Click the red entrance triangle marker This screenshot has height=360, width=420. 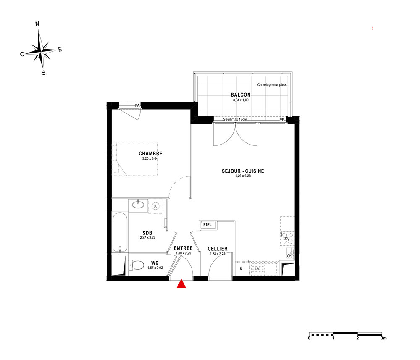click(181, 284)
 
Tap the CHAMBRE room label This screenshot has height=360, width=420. click(150, 153)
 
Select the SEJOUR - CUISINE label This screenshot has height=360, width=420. click(243, 171)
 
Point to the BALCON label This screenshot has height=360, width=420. click(241, 95)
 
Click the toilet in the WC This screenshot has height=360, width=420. click(136, 265)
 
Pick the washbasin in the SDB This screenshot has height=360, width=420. click(138, 205)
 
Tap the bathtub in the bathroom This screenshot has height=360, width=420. click(120, 232)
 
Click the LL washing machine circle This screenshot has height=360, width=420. click(155, 206)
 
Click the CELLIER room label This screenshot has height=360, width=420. click(218, 249)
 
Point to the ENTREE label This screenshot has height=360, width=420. click(183, 248)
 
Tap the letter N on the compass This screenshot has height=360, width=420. click(37, 24)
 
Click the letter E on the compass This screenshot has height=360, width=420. click(60, 49)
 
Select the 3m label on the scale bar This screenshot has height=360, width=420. click(384, 338)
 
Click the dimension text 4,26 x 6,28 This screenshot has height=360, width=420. click(243, 176)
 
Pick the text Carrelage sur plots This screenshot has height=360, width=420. click(272, 84)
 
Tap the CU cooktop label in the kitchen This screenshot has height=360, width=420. click(287, 239)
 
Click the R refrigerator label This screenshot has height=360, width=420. click(241, 269)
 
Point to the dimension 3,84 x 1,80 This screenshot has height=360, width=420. click(241, 100)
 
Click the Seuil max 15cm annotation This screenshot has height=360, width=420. click(235, 119)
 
